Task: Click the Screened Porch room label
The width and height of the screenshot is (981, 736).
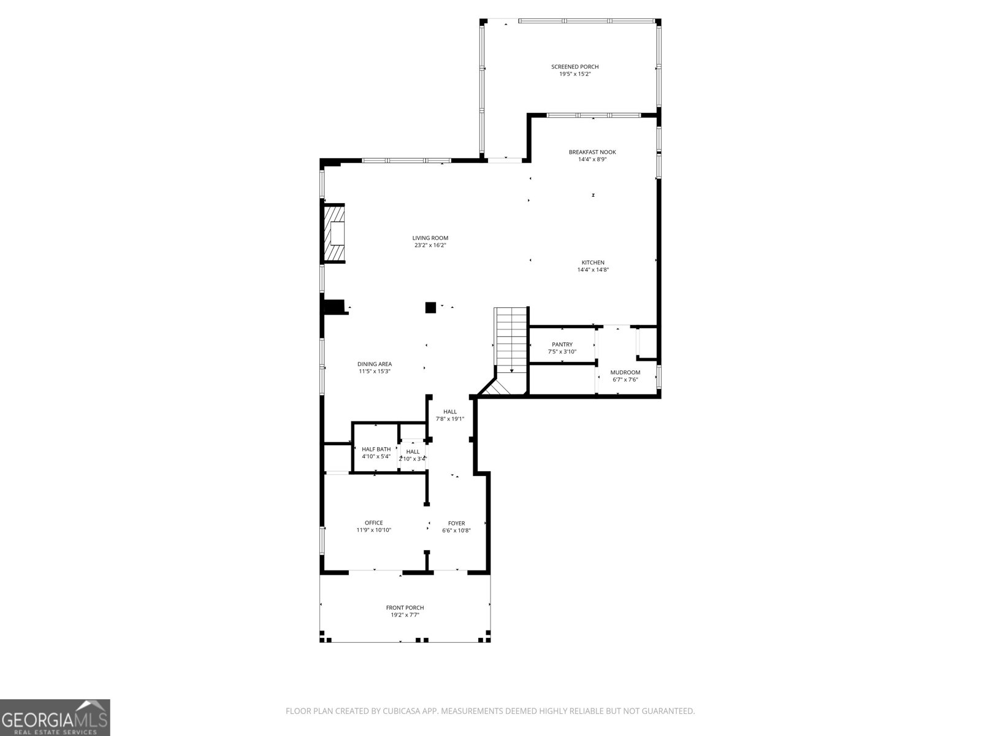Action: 574,67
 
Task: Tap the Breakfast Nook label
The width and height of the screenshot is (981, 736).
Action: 592,152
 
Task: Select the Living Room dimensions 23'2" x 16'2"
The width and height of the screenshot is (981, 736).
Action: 430,245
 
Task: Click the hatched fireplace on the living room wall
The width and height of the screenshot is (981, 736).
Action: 335,233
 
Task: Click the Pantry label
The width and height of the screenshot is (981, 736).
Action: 562,345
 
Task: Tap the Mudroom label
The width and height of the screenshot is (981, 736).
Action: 625,372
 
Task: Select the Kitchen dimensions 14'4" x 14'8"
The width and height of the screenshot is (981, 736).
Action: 592,270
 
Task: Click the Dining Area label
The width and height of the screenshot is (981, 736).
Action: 374,364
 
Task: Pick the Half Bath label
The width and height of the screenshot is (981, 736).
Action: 376,449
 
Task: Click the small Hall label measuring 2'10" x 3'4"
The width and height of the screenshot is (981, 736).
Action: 413,452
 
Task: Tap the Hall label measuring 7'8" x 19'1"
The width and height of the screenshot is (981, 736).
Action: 450,412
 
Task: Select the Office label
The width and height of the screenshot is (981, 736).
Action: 373,523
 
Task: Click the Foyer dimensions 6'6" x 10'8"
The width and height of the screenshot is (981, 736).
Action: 456,531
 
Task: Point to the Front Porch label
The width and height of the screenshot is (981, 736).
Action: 405,608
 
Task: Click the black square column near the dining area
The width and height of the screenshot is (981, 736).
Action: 430,307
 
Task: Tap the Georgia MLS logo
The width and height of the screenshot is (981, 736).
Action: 55,718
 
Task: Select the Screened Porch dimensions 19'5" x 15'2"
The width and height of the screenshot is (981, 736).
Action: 574,74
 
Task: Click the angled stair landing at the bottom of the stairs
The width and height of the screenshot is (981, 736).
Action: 500,388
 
